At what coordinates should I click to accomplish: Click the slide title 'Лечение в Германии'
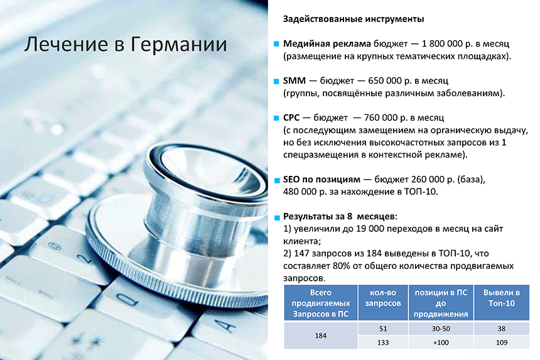coord(126,45)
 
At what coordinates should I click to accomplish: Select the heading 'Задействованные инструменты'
coord(354,19)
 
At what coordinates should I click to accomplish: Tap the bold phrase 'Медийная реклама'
coord(327,44)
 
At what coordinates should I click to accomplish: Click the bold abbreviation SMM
coord(294,80)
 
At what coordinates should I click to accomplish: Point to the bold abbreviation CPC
coord(291,118)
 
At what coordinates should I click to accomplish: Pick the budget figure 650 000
coord(384,80)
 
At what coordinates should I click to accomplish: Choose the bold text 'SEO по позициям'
coord(321,180)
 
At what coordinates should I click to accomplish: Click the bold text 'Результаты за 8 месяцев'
coord(339,216)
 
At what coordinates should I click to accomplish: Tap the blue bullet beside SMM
coord(276,81)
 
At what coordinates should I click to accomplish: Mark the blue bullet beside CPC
coord(276,118)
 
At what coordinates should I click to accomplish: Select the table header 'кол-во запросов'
coord(383,298)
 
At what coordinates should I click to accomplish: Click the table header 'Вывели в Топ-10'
coord(502,298)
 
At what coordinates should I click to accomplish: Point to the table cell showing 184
coord(321,335)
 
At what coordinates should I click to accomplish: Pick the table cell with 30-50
coord(441,329)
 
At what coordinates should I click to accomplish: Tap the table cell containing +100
coord(441,342)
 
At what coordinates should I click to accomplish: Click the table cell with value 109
coord(502,342)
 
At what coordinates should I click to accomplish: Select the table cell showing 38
coord(502,329)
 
